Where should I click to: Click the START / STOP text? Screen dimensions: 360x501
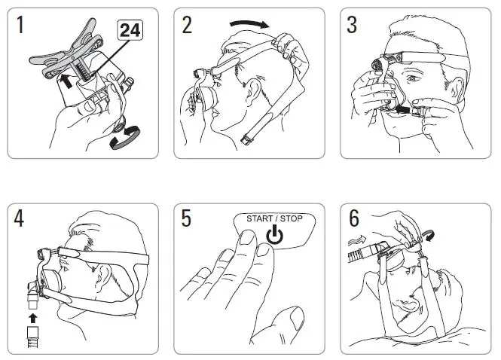click(275, 220)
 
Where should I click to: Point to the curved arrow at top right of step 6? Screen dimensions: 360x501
click(430, 236)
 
